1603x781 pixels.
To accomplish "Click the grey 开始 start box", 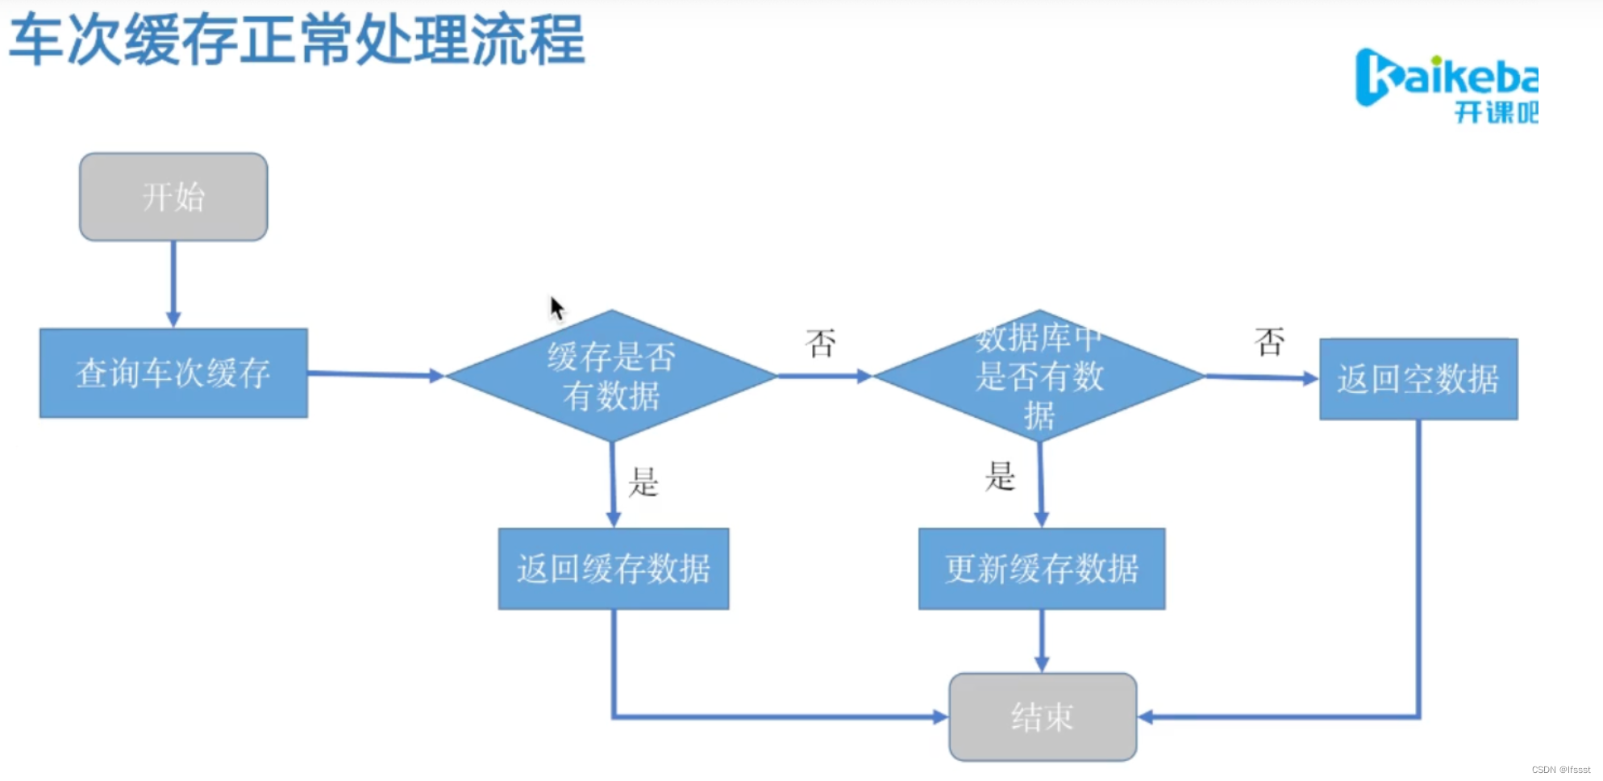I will coord(173,197).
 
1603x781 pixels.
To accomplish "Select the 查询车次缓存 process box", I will coord(173,373).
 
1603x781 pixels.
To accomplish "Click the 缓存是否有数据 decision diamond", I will coord(611,376).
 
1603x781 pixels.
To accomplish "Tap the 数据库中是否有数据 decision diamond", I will coord(1039,376).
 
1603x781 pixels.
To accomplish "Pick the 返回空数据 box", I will coord(1418,379).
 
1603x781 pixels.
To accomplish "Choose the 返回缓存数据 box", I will coord(614,569).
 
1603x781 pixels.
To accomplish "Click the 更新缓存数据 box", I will coord(1042,569).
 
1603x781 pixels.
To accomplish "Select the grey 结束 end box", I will coord(1043,716).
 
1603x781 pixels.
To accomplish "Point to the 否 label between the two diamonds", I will coord(821,344).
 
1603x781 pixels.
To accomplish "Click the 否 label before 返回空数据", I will coord(1269,342).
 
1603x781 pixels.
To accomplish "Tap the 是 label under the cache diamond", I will coord(643,482).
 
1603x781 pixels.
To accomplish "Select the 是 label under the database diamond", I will coord(1000,476).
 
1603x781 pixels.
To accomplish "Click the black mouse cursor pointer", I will coord(556,307).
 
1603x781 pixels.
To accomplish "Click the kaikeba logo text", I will coord(1447,77).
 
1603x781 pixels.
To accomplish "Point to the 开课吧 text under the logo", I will coord(1496,112).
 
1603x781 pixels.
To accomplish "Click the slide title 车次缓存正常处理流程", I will coord(297,39).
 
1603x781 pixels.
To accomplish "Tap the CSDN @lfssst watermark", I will coord(1560,770).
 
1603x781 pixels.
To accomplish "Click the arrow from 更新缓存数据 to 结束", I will coord(1042,641).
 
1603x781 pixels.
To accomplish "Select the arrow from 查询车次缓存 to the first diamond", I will coord(376,374).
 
